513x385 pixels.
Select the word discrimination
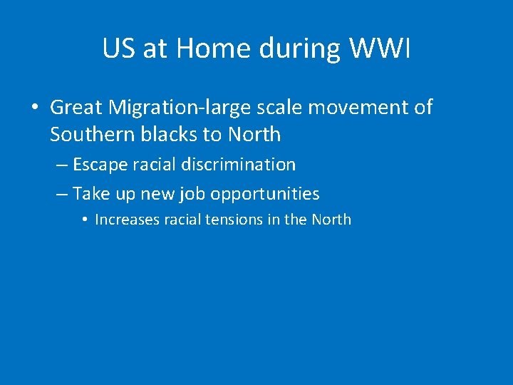239,165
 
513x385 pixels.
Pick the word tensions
234,220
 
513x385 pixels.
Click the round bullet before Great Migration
34,108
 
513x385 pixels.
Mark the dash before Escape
61,165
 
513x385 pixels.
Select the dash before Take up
61,194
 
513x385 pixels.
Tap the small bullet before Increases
84,220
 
